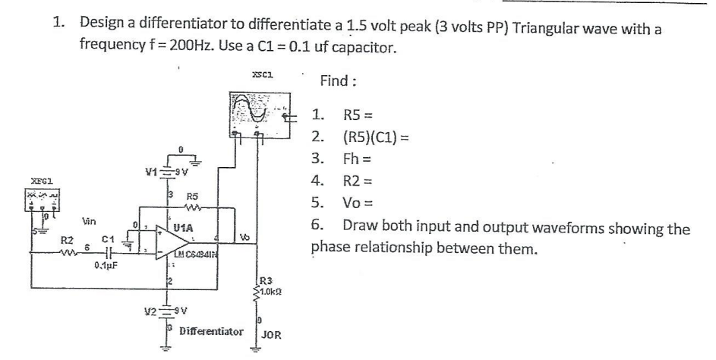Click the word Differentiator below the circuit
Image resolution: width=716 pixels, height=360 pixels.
tap(211, 332)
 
